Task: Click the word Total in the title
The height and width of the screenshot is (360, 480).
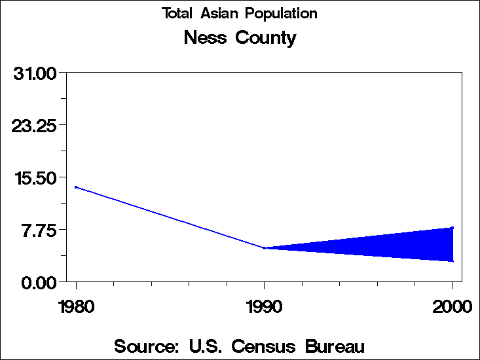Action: tap(177, 14)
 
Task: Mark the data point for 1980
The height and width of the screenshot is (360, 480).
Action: tap(76, 187)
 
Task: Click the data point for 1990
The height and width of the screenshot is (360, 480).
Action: tap(264, 248)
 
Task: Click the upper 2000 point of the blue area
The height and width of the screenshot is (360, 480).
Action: tap(452, 228)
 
